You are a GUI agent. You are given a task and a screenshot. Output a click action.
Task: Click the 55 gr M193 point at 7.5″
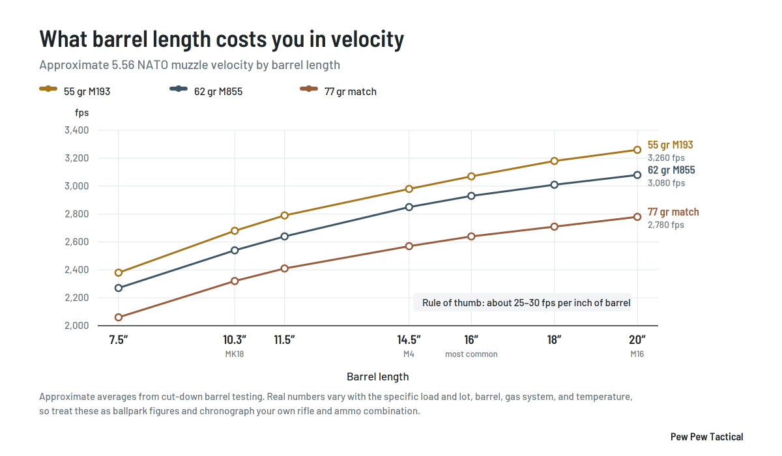[x=119, y=272]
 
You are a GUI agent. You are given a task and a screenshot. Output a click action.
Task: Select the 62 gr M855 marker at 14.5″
[x=409, y=207]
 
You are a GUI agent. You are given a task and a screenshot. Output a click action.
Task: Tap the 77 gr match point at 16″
[x=471, y=236]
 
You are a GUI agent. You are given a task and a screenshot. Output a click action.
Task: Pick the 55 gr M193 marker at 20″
[x=637, y=150]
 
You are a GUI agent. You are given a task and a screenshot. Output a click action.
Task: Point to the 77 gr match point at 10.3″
[x=235, y=281]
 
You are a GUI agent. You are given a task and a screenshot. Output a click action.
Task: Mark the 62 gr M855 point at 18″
[x=554, y=184]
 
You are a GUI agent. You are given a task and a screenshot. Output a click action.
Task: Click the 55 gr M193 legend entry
[x=75, y=91]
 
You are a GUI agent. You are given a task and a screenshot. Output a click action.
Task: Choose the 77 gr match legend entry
[x=338, y=91]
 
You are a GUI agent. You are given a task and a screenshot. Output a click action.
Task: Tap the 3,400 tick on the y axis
[x=76, y=130]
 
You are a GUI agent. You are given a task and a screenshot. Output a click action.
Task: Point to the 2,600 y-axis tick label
[x=76, y=242]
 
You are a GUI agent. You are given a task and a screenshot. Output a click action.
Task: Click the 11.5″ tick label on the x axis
[x=284, y=339]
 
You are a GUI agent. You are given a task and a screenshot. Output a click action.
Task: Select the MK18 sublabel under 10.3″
[x=234, y=354]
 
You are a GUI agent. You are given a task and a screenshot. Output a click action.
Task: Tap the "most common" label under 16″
[x=471, y=354]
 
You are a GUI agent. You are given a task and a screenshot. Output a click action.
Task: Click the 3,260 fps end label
[x=666, y=158]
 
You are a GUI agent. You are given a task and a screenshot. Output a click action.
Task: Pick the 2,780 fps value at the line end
[x=666, y=225]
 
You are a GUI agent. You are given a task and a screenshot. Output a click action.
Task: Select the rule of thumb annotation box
[x=522, y=302]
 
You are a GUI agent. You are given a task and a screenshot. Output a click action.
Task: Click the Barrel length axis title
[x=378, y=377]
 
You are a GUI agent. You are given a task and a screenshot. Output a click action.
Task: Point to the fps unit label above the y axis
[x=81, y=113]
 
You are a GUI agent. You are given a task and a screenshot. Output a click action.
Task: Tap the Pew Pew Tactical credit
[x=706, y=437]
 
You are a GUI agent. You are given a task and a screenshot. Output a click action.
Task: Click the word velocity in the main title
[x=368, y=39]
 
